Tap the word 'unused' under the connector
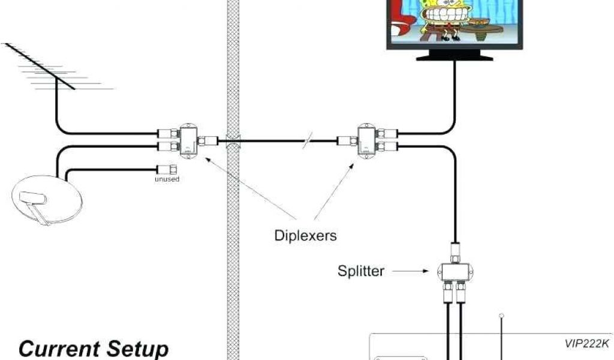(167, 179)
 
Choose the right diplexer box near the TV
(366, 142)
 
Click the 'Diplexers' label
(305, 235)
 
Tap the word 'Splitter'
(360, 271)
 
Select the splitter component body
(455, 272)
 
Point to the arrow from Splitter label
(414, 272)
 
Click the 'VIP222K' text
(586, 344)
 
